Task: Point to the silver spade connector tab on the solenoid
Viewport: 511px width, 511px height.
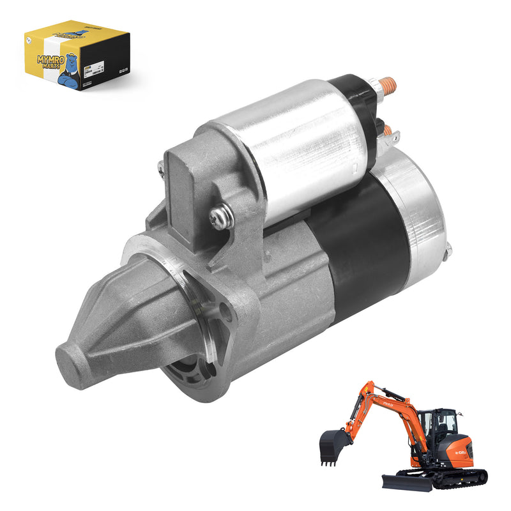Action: [x=395, y=138]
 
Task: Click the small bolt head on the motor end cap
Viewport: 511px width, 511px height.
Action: [x=448, y=250]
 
